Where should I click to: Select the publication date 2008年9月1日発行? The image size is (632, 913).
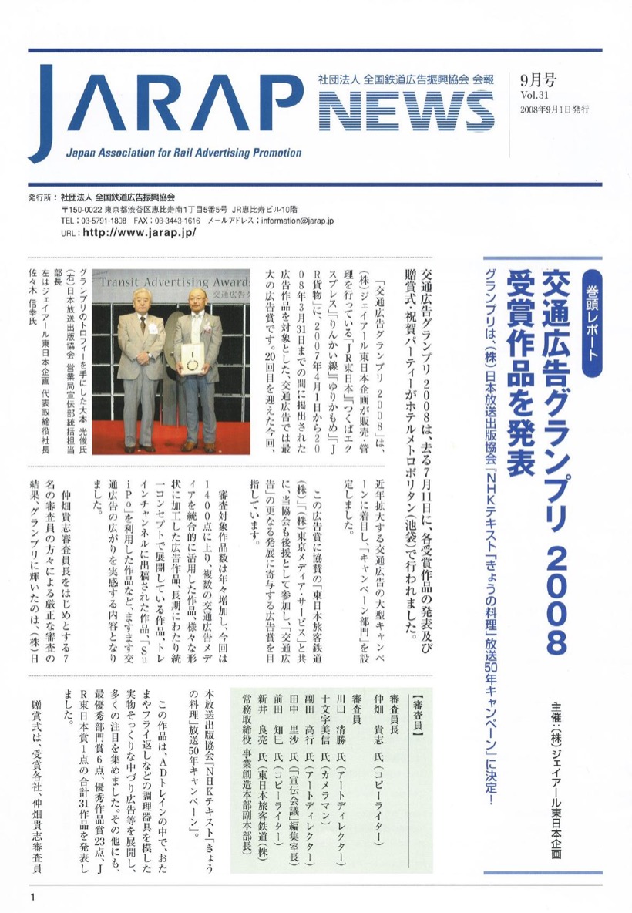click(x=555, y=110)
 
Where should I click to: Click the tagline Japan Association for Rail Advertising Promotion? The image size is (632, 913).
click(x=183, y=153)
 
